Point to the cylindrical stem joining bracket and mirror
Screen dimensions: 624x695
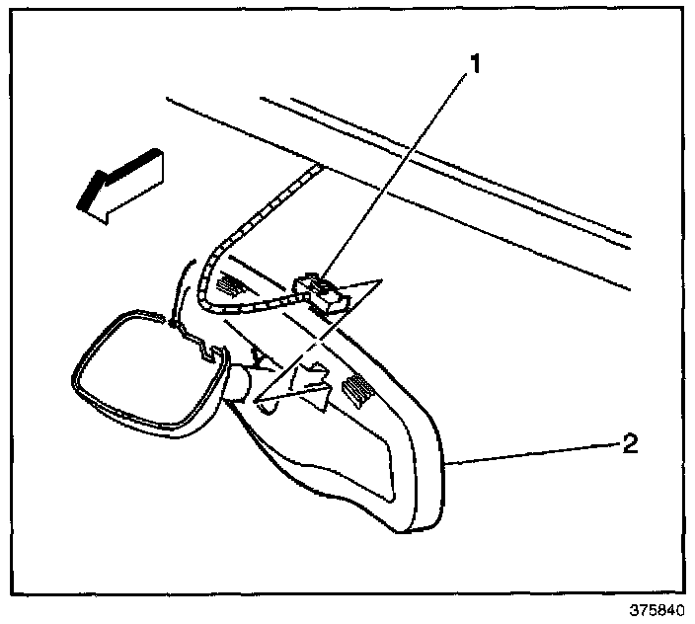point(242,380)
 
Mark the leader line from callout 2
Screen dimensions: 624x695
point(533,451)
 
